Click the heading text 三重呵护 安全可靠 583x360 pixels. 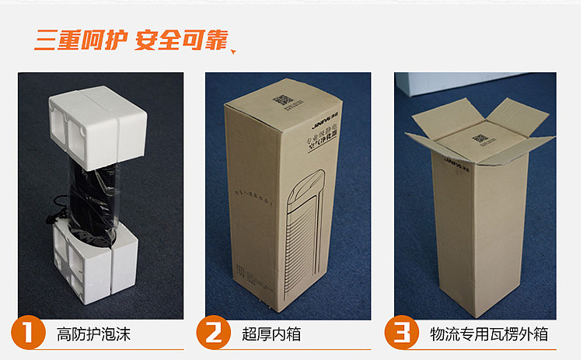click(130, 40)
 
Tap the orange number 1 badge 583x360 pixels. click(27, 334)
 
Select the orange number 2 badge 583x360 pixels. click(211, 334)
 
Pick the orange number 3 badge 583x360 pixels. click(401, 334)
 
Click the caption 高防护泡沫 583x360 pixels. click(93, 335)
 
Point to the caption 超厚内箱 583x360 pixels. click(271, 335)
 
